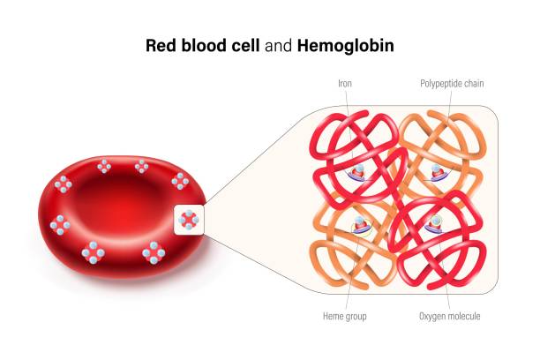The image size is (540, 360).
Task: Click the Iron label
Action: tap(345, 85)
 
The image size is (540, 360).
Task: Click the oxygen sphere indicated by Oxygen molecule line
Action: tap(434, 219)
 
